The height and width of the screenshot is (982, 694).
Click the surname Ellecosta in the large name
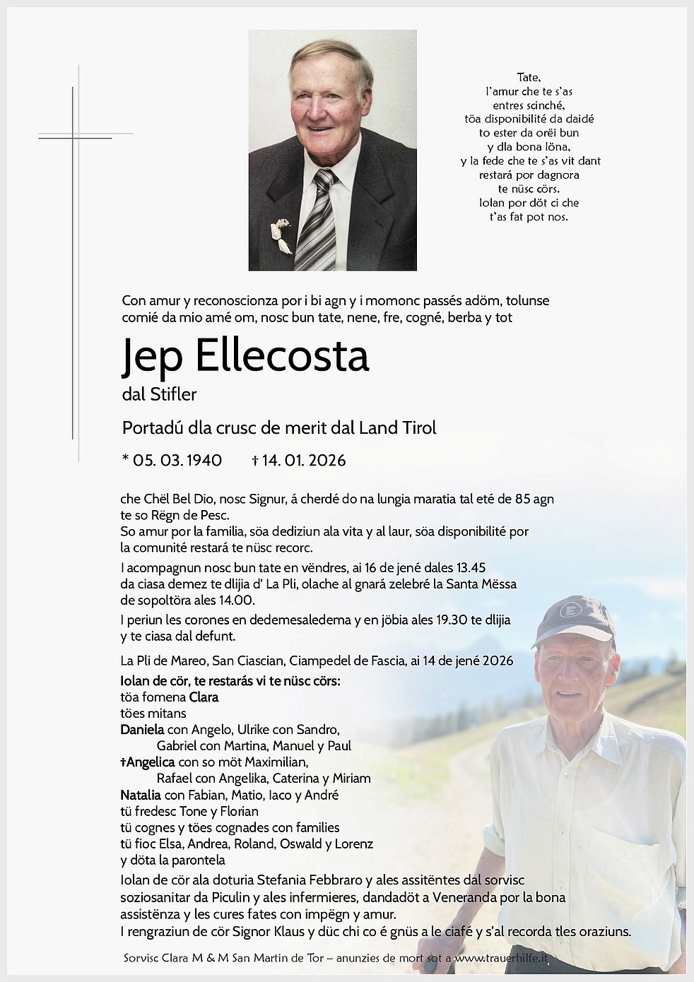(281, 355)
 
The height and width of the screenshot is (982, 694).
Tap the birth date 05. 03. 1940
(177, 461)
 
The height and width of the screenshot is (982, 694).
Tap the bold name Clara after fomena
(204, 697)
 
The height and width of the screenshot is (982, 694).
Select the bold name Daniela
(142, 730)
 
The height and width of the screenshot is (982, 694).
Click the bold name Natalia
(141, 795)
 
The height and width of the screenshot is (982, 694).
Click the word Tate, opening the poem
(529, 78)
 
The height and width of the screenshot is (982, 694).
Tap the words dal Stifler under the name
(159, 394)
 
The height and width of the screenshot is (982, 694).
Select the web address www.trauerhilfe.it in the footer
(502, 959)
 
